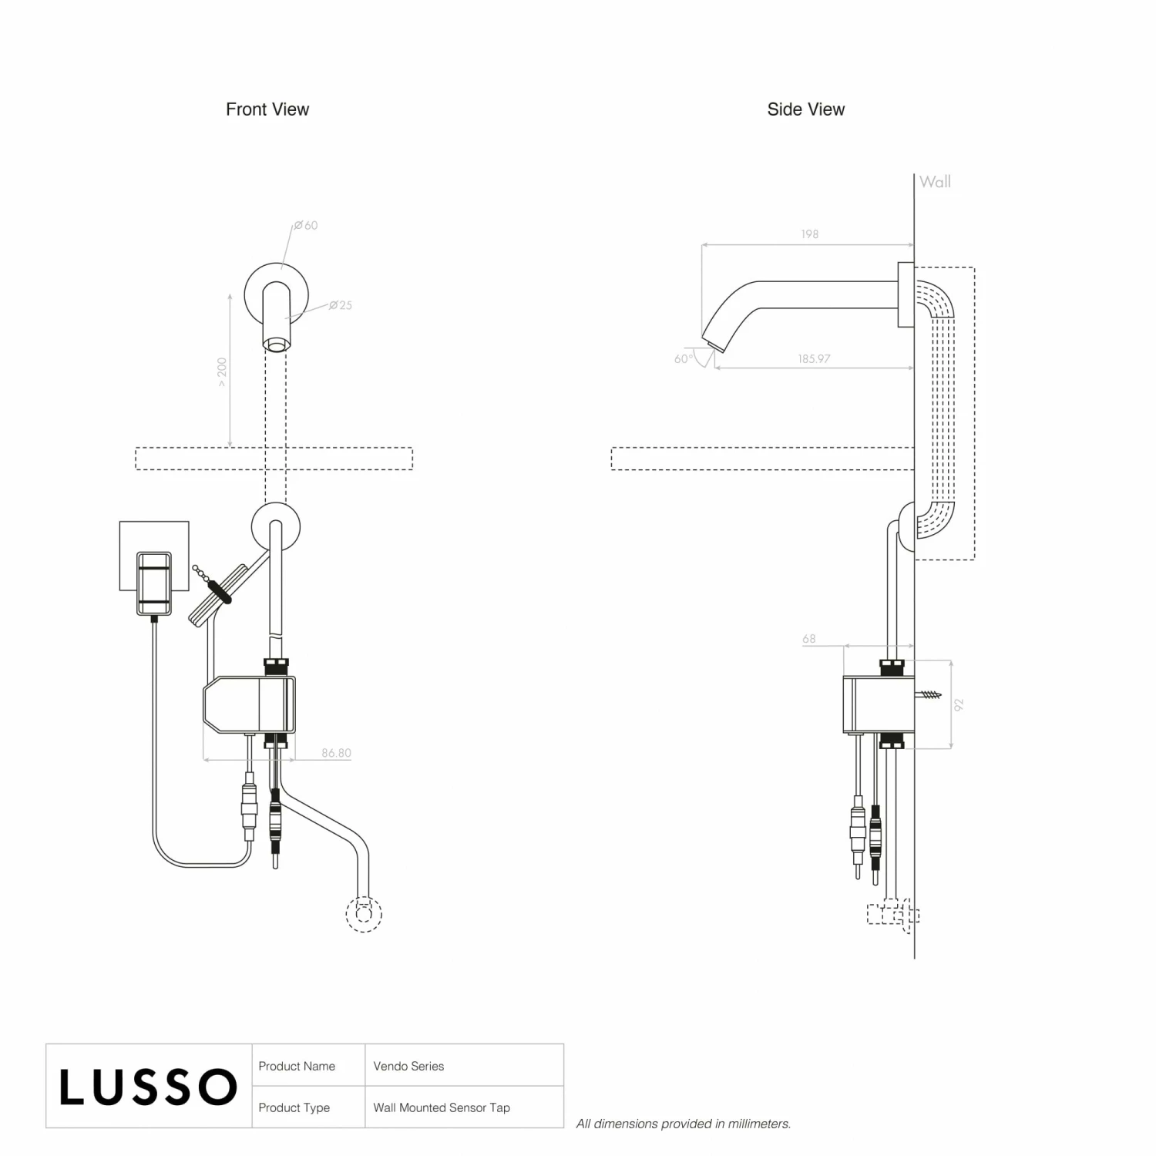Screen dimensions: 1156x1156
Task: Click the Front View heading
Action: (267, 109)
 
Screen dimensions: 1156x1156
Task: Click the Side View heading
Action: (805, 109)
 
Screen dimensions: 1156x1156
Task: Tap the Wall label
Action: (935, 182)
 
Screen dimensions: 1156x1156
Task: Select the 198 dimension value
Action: (809, 234)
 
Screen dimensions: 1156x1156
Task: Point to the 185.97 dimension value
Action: (814, 358)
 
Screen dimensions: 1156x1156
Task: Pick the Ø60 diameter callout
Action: (306, 225)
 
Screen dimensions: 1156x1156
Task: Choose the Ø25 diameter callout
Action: (341, 305)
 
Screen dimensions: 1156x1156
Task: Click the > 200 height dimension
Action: (222, 371)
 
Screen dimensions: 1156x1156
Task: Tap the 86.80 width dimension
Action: (336, 753)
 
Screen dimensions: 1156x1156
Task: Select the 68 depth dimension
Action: (808, 639)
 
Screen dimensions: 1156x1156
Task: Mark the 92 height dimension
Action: (959, 704)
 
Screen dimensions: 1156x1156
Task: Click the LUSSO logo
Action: (148, 1087)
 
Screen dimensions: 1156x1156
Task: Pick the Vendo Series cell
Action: (408, 1067)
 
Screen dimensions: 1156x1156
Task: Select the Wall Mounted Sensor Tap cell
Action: (442, 1107)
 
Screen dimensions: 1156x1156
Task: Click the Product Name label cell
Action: (297, 1067)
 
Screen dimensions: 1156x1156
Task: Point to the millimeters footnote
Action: (684, 1124)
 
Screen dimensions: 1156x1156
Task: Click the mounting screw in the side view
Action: (929, 694)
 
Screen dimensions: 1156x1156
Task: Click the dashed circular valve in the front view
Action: (364, 914)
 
